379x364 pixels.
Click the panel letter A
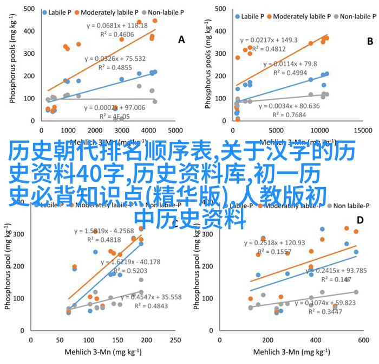click(181, 40)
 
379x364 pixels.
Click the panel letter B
click(370, 41)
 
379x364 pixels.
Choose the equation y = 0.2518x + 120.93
click(275, 242)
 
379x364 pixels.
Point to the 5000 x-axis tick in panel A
click(174, 131)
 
